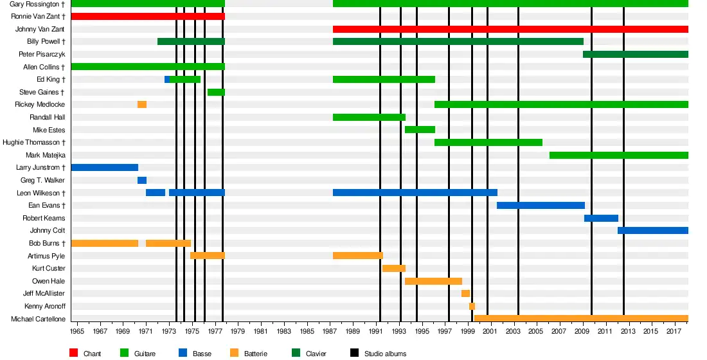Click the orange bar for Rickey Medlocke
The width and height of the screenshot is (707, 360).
(142, 105)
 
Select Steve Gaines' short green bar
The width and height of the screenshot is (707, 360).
(216, 93)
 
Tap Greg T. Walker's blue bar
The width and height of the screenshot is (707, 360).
(142, 181)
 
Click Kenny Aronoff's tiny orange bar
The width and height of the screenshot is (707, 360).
(472, 307)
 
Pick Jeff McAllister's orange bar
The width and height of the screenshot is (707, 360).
(465, 294)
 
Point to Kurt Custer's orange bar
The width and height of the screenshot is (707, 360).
(394, 269)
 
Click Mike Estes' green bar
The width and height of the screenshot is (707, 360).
(420, 130)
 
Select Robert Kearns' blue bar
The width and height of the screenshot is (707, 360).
(601, 219)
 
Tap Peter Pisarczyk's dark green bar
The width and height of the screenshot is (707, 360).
(636, 55)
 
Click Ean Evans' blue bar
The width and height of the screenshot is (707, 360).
(541, 206)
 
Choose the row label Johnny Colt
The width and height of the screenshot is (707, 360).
(47, 231)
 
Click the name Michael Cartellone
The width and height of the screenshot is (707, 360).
(38, 319)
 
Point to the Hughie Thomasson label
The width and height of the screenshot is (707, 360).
(33, 143)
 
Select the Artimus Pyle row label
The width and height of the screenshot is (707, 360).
(46, 256)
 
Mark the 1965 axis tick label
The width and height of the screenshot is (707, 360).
(78, 331)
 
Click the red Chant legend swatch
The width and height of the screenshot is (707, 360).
(73, 353)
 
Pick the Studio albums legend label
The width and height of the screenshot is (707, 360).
(385, 354)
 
